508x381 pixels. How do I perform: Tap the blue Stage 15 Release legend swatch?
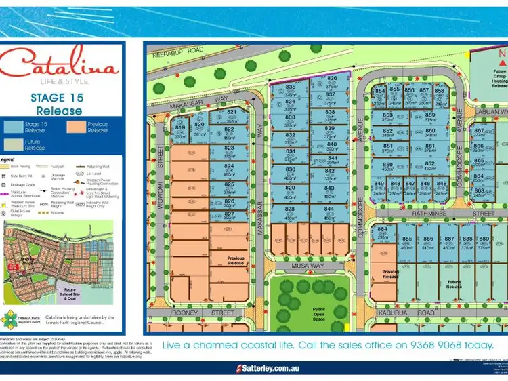(14, 126)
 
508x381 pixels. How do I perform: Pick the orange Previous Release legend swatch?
(77, 126)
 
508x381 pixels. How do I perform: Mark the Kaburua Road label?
(416, 313)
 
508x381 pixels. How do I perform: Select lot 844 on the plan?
(330, 212)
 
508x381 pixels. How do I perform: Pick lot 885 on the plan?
(407, 242)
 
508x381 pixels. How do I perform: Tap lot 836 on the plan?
(331, 82)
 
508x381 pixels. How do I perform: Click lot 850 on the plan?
(387, 167)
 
